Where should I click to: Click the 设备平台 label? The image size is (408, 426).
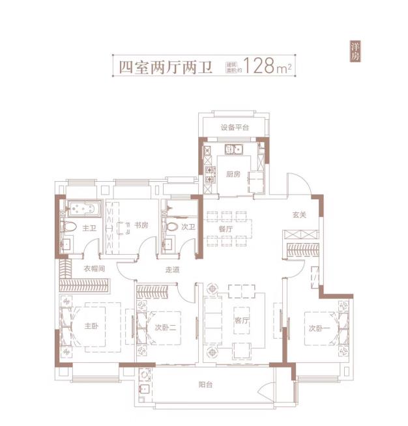(235, 128)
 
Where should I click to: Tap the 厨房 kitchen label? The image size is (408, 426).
(233, 174)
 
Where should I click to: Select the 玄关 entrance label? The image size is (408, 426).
(299, 215)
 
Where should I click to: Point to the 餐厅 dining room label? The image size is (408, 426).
(226, 229)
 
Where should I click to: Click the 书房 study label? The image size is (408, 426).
(141, 225)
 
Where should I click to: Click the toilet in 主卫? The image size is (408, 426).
(68, 227)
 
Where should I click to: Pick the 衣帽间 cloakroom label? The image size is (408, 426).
(94, 269)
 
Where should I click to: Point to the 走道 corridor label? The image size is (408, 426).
(172, 270)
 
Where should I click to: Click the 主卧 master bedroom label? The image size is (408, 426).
(91, 326)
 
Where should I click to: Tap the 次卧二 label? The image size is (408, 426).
(166, 328)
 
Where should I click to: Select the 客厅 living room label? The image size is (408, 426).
(241, 320)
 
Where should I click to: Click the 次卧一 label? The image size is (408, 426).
(319, 328)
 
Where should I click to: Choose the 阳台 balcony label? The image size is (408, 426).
(205, 385)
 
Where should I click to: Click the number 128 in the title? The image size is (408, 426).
(259, 66)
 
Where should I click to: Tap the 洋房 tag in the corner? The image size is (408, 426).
(355, 51)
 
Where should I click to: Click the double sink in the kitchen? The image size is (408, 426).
(234, 149)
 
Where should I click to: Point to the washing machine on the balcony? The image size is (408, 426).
(144, 375)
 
